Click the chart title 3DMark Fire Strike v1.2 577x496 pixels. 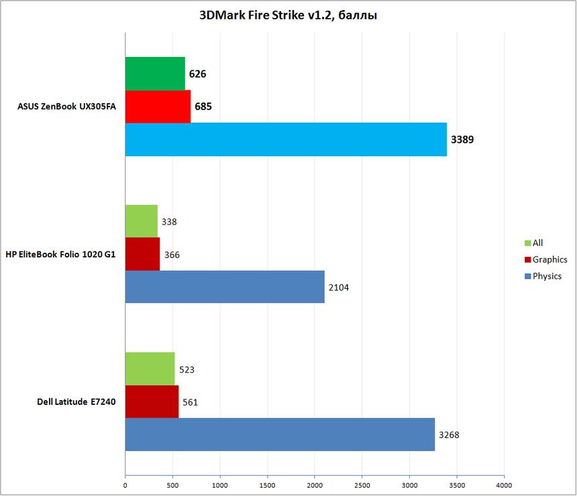coord(288,15)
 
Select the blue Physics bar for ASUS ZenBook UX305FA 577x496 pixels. coord(286,139)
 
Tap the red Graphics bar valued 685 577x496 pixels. coord(158,107)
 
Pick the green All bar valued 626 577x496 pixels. coord(155,74)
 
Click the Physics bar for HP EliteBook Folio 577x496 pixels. coord(225,287)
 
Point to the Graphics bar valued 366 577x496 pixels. coord(142,254)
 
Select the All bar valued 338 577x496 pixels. coord(142,221)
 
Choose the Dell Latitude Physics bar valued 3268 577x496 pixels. coord(280,434)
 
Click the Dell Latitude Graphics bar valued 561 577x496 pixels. coord(152,401)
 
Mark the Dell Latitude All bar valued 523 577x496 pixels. coord(150,369)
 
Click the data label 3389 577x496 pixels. coord(462,140)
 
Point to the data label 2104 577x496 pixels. coord(339,288)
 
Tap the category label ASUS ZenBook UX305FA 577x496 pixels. coord(62,107)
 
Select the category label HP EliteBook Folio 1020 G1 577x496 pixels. coord(60,254)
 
